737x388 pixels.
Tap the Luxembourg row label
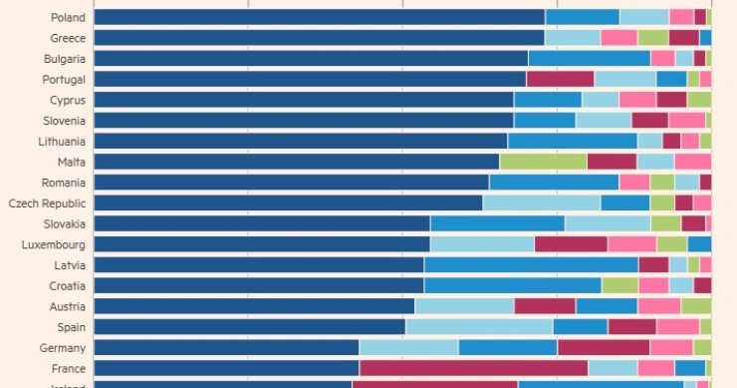pos(53,244)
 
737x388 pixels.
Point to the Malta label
pos(71,162)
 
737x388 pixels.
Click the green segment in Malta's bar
pos(543,162)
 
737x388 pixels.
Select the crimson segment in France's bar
pos(473,368)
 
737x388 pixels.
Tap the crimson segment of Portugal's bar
pos(560,79)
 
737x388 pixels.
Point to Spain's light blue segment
pos(478,327)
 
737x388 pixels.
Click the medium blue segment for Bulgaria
pos(589,58)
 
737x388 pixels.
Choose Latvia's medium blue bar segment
pos(531,265)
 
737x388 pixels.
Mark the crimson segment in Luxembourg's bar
pos(571,244)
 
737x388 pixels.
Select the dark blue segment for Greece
pos(319,38)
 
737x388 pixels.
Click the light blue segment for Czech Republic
pos(541,203)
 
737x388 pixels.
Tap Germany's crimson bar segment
pos(604,348)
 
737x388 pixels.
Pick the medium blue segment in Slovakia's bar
pos(497,223)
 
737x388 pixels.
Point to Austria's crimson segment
pos(545,306)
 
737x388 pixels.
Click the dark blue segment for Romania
pos(291,183)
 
